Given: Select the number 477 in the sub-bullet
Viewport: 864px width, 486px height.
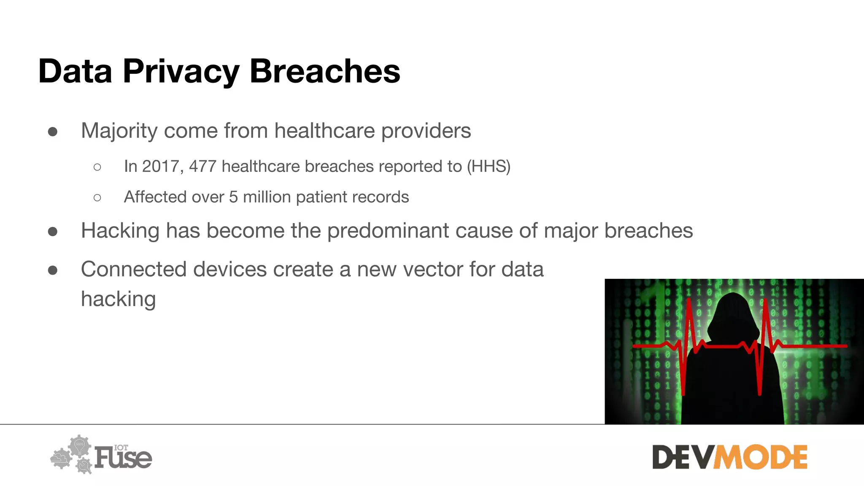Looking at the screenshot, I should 202,167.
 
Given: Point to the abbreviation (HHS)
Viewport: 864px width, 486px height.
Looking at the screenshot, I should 489,167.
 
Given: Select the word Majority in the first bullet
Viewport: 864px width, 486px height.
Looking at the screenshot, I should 119,131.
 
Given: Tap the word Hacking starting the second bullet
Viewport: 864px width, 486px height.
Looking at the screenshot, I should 120,231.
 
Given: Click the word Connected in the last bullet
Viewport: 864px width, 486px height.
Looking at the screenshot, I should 134,269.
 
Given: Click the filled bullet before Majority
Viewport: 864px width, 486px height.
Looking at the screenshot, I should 53,132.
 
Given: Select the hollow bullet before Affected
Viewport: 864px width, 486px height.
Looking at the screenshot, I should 97,197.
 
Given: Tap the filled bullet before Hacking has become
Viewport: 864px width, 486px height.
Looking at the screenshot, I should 53,232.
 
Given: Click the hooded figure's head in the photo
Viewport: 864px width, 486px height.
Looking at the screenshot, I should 733,312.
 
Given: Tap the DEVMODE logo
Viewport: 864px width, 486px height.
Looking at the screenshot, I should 729,457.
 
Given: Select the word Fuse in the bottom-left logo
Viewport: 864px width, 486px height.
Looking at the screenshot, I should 123,458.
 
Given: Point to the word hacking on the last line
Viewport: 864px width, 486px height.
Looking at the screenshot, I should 119,299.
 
